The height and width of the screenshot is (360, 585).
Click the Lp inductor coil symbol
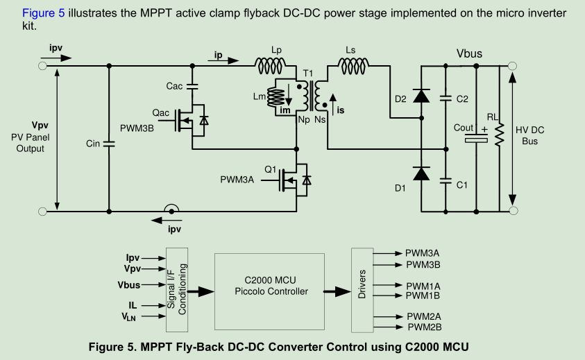[270, 66]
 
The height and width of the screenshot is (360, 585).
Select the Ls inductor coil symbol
[355, 66]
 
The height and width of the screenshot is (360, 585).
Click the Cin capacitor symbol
[109, 143]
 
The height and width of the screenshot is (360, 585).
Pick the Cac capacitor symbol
[192, 87]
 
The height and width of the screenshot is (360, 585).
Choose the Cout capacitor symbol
[477, 138]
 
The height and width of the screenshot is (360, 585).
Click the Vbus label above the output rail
[469, 53]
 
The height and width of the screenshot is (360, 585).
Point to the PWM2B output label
[424, 327]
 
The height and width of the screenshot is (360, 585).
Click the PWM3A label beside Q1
[237, 180]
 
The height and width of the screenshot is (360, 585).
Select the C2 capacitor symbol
[445, 99]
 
